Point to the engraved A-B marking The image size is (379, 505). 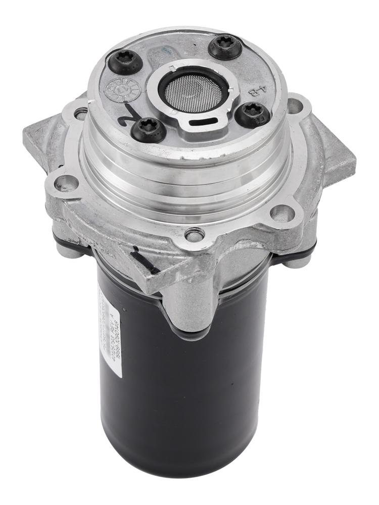pos(266,92)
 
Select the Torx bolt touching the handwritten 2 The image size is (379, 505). pos(149,130)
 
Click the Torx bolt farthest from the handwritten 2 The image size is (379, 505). pos(225,47)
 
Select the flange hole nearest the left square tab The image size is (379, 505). pos(65,183)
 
